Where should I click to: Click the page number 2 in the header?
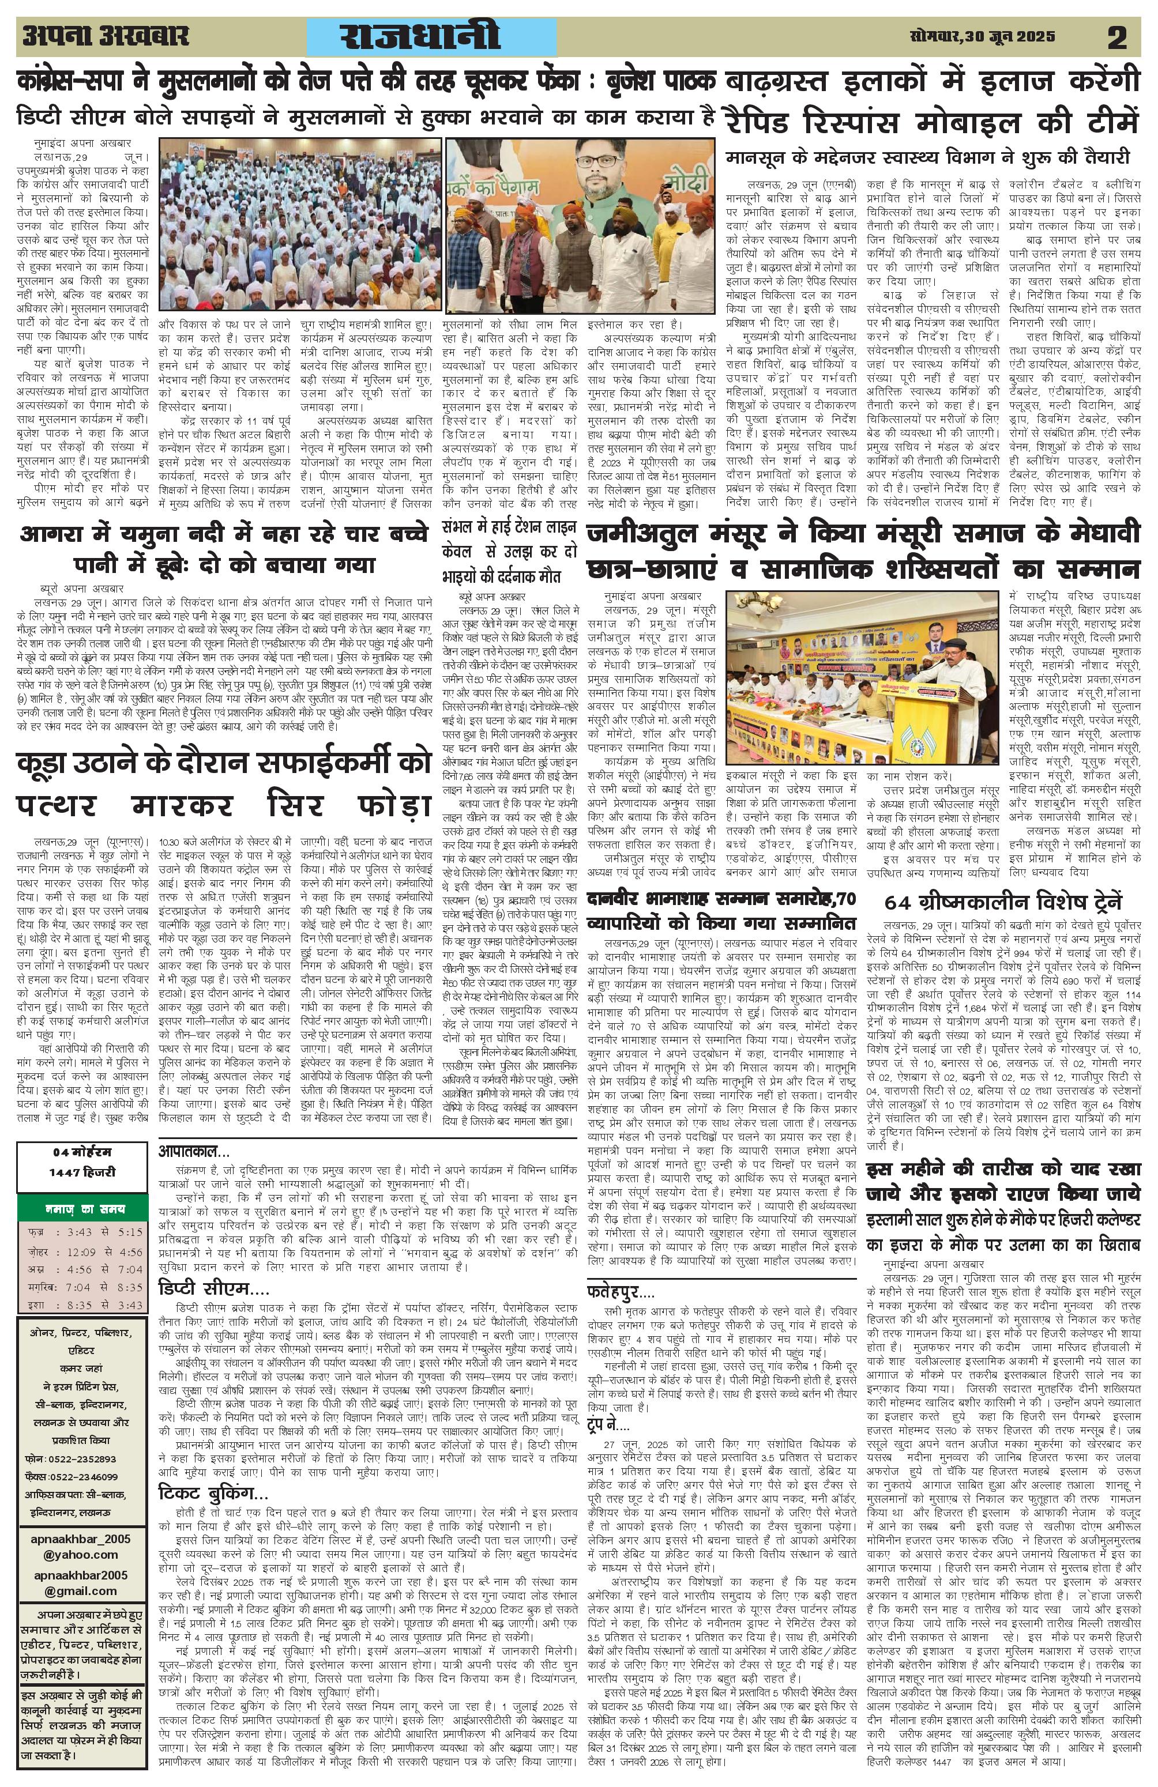(x=1116, y=37)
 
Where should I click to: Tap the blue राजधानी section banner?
(x=432, y=37)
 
